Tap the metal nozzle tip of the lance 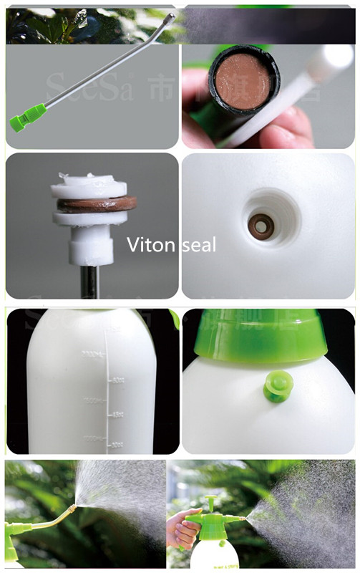[x=170, y=16]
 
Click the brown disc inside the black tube [x=243, y=80]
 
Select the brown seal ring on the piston [x=97, y=204]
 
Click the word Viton [x=150, y=245]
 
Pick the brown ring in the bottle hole [x=261, y=226]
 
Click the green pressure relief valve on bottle [x=277, y=387]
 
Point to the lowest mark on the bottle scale [x=115, y=445]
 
